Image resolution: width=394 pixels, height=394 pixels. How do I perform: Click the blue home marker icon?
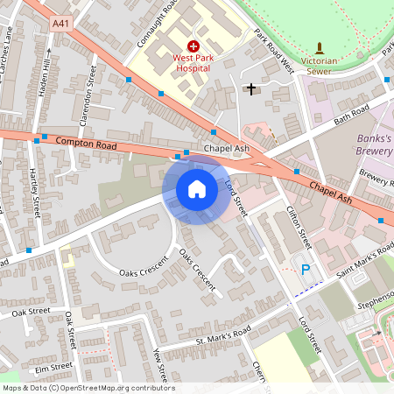(197, 189)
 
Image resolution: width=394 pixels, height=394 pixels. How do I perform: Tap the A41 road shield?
(61, 25)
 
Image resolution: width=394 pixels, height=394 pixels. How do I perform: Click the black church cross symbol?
(251, 88)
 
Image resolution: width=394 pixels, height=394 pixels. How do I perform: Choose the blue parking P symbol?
(306, 271)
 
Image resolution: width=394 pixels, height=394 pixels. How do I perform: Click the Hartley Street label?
(35, 193)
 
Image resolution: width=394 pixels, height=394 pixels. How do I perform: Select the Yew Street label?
(158, 365)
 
